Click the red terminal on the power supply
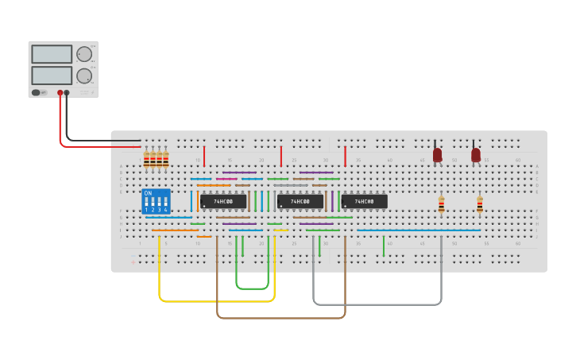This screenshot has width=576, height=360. point(60,92)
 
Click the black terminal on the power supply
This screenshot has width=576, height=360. point(67,92)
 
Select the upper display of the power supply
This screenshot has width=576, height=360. point(52,54)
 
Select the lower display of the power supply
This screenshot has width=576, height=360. point(52,75)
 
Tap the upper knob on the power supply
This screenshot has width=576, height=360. point(83,54)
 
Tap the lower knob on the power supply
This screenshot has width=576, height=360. point(83,75)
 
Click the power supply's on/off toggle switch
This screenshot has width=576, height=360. point(36,92)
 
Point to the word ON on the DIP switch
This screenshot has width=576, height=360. point(148,193)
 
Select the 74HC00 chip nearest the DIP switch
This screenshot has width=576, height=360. point(223,202)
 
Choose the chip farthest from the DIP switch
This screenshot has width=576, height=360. point(365,202)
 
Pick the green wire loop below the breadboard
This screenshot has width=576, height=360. point(253,288)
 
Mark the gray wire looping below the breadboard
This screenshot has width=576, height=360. point(377,304)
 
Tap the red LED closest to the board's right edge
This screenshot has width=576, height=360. point(476,154)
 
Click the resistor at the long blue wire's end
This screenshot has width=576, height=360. point(480,204)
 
